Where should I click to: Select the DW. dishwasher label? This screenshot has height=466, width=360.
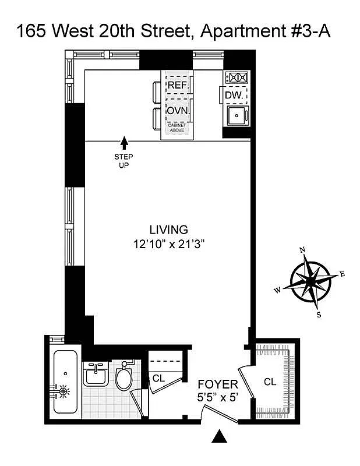(x=234, y=95)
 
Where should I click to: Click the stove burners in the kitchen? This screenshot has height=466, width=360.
(x=237, y=77)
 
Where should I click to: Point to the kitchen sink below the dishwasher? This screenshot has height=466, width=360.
(x=237, y=115)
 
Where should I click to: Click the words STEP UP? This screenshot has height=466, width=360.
(x=123, y=161)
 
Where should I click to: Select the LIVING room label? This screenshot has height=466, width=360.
(x=168, y=229)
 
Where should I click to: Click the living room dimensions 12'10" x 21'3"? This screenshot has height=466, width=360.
(x=168, y=245)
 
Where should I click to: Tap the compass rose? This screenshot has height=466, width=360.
(x=310, y=281)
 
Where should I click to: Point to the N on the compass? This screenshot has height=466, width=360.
(x=302, y=250)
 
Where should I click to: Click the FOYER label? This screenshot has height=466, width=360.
(x=217, y=384)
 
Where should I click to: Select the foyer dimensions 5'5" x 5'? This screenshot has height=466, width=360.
(x=217, y=400)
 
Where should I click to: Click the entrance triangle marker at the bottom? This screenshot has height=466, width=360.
(x=220, y=436)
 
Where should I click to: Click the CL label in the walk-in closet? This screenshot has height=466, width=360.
(x=270, y=382)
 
